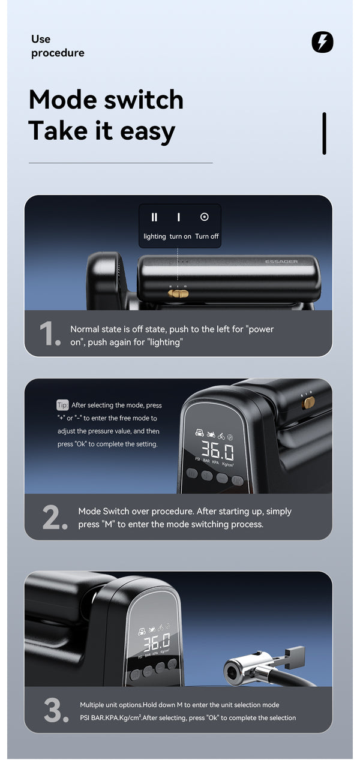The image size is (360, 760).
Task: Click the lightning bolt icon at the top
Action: point(322,42)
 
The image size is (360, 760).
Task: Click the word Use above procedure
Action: point(41,39)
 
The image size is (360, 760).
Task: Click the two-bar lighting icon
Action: point(154,217)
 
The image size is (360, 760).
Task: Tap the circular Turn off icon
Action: point(204,217)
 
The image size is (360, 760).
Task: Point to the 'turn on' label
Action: point(180,236)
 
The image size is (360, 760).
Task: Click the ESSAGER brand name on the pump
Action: point(281,262)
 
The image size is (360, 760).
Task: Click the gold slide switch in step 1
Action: point(178,293)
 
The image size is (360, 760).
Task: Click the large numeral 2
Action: point(55,517)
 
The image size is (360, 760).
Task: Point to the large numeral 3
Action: point(56,710)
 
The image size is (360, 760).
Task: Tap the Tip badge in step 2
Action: point(62,405)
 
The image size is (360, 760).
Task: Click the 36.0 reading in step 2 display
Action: point(217,450)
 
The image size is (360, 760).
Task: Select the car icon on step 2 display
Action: point(200,432)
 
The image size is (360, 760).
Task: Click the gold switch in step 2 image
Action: point(309,402)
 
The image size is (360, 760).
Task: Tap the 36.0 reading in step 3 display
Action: point(157,642)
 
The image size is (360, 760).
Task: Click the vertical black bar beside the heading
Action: point(325,133)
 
